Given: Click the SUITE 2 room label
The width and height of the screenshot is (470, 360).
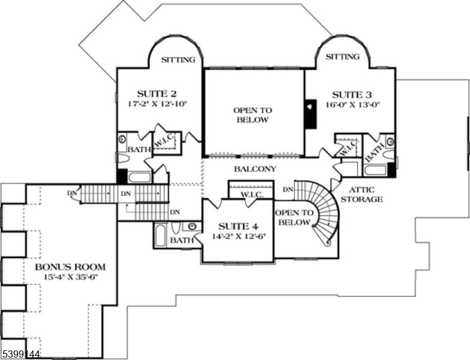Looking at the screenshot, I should (x=156, y=93).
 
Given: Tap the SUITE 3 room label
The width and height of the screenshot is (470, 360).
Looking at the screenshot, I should (x=352, y=94).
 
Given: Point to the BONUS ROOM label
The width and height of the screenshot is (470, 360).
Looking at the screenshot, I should (x=70, y=266).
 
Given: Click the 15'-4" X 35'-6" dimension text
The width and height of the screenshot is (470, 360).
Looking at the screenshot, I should (x=70, y=277).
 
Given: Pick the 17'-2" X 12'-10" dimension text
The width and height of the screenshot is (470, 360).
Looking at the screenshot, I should (x=157, y=103).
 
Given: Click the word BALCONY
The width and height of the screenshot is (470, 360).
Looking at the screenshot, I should (x=255, y=169).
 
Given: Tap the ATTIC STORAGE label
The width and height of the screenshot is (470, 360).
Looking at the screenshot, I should (x=361, y=194).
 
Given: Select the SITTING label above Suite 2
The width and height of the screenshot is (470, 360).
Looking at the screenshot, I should (x=179, y=59).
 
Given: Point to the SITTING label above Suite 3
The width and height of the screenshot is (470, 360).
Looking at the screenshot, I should (x=342, y=57).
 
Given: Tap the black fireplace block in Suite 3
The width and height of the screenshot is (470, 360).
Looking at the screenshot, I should (x=310, y=113).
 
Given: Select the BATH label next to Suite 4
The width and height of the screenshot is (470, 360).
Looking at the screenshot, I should (x=181, y=241).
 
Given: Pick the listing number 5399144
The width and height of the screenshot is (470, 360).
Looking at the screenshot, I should (x=20, y=355).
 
